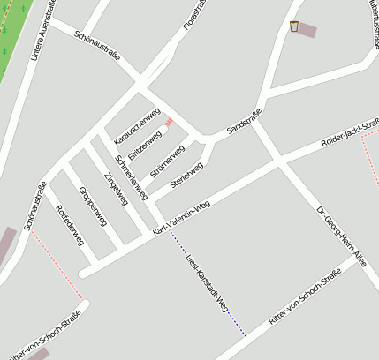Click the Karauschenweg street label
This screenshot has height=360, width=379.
137,126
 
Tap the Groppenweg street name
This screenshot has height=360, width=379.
92,206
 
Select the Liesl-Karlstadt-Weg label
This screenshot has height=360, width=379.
207,282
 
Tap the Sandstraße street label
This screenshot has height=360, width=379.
245,121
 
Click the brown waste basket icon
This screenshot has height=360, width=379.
293,26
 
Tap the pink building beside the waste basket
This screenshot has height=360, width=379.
307,30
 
